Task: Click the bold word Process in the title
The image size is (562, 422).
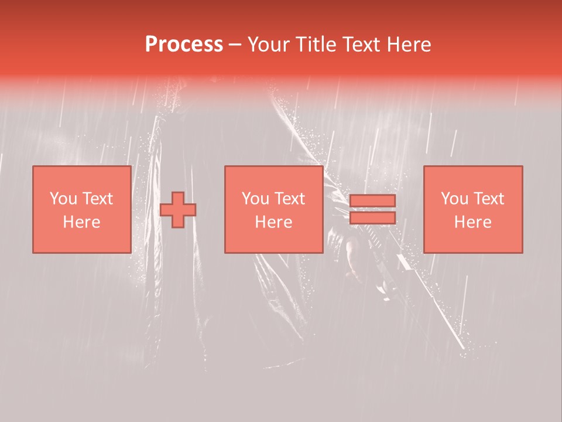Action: click(184, 45)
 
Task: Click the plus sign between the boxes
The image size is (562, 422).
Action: click(178, 210)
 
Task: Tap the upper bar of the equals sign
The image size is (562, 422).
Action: click(372, 200)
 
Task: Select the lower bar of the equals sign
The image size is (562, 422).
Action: click(372, 218)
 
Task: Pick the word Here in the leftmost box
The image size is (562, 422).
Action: click(81, 222)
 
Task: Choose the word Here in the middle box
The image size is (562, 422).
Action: click(273, 222)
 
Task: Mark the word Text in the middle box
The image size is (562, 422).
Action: click(289, 199)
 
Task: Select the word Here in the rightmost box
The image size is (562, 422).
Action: click(472, 222)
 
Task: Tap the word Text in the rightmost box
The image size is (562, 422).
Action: click(488, 199)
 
